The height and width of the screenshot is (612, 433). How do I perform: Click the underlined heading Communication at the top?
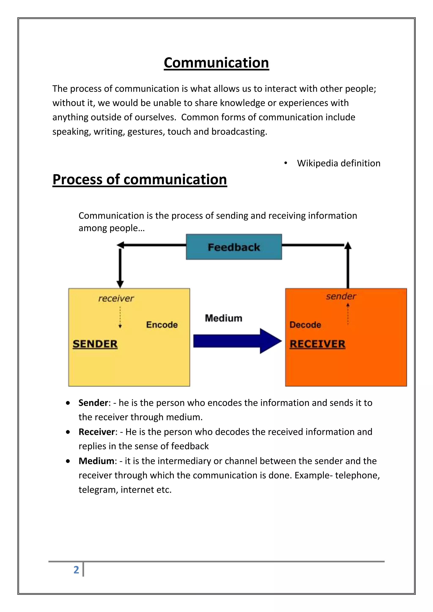216,63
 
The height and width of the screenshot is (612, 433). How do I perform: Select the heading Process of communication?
140,179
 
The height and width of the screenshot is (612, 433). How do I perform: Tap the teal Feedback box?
234,247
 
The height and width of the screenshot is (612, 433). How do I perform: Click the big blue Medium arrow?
237,341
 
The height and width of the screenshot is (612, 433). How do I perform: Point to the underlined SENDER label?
95,344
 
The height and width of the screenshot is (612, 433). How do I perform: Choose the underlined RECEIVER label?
317,344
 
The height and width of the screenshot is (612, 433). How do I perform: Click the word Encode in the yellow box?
162,325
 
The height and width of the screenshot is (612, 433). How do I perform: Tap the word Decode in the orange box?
305,325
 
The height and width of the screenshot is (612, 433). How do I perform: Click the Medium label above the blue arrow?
223,318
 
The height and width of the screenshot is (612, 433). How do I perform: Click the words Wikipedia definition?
339,163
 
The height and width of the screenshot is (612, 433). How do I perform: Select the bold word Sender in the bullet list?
93,403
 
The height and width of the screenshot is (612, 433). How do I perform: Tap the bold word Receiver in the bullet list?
97,432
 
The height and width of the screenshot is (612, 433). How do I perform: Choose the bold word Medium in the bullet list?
96,461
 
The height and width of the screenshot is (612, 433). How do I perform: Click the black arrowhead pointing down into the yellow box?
120,284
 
